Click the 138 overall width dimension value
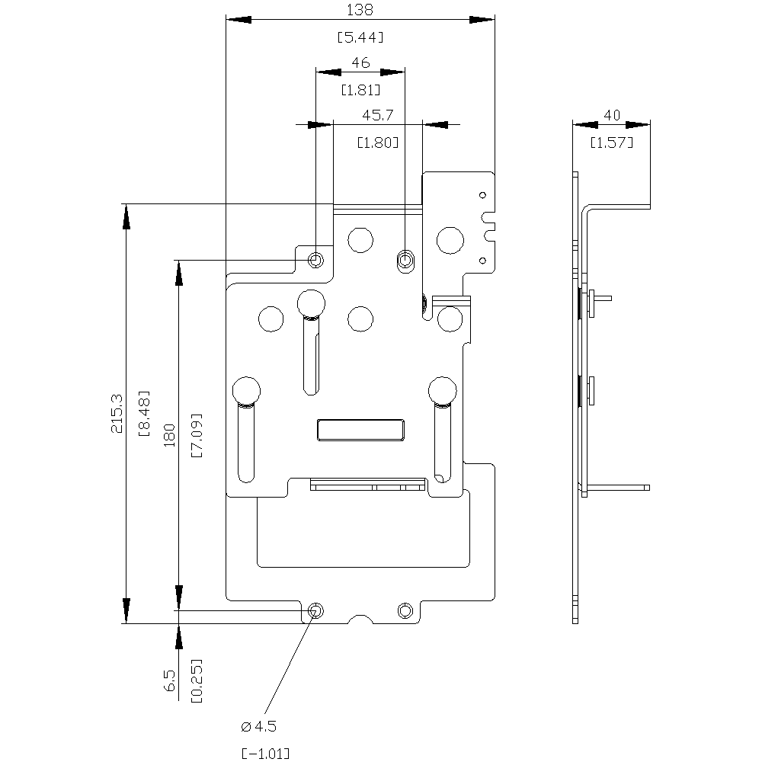(x=360, y=10)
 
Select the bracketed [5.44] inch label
(x=360, y=36)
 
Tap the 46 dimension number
(x=360, y=63)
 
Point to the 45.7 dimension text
(x=377, y=115)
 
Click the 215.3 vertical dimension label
(x=117, y=414)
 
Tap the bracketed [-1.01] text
(x=265, y=754)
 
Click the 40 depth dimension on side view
(x=611, y=115)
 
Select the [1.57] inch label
(x=611, y=142)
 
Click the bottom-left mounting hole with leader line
(x=315, y=610)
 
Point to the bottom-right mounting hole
(x=405, y=610)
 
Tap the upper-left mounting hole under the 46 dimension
(x=316, y=261)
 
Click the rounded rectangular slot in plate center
(x=360, y=430)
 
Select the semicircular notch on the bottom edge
(x=360, y=620)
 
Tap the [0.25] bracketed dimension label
(x=197, y=680)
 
